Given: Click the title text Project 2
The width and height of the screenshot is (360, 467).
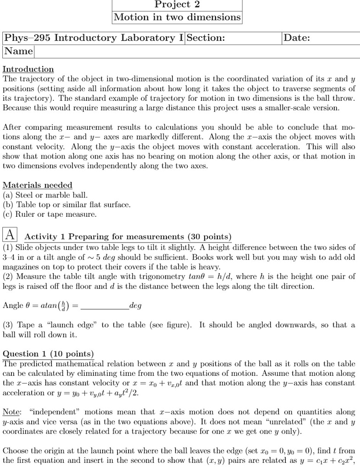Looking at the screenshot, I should click(177, 5).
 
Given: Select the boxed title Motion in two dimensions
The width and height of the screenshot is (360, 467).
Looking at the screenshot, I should click(177, 17).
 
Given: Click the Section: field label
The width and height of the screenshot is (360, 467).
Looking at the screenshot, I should click(205, 38).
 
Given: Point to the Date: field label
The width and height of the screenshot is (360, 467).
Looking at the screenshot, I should click(297, 38).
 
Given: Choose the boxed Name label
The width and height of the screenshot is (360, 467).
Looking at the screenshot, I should click(18, 51).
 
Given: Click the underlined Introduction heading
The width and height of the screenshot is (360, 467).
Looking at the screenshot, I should click(28, 69).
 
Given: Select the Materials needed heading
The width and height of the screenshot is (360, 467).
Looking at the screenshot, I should click(37, 185).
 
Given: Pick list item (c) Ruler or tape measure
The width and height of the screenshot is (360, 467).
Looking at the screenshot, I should click(50, 214).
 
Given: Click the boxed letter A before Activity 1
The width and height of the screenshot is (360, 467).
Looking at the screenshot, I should click(10, 235).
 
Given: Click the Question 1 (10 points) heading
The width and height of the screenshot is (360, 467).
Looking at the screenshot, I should click(48, 354).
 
